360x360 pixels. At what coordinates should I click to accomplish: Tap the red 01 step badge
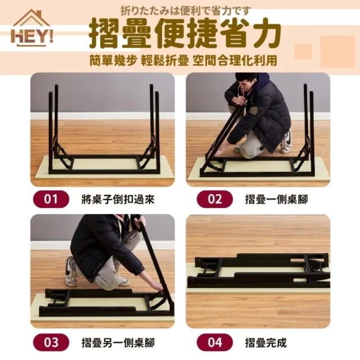pos(51,199)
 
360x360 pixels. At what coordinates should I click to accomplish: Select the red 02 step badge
pos(215,199)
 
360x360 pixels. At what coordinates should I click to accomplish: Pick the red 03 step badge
pos(51,343)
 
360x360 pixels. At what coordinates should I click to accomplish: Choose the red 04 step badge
pos(215,343)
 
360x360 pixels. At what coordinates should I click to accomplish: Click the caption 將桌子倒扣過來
pos(118,199)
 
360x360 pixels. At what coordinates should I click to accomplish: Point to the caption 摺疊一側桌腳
pos(276,199)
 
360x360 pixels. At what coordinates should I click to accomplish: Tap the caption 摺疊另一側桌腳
pos(118,343)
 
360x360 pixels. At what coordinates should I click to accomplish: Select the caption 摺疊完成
pos(266,343)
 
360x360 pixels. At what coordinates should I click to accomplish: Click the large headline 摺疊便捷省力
pos(185,34)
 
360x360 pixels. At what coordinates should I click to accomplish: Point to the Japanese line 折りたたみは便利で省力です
pos(185,11)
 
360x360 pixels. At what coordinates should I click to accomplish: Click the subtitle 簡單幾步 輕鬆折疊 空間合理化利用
pos(183,61)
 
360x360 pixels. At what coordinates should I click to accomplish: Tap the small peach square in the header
pos(303,51)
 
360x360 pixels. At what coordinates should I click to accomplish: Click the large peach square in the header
pos(337,51)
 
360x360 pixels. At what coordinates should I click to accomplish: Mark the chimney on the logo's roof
pos(39,13)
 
